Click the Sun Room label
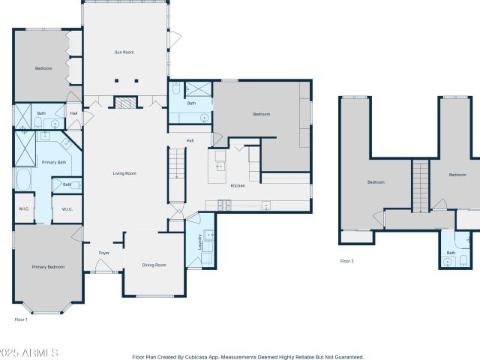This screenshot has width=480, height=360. click(x=124, y=52)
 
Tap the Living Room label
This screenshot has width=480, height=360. click(x=124, y=173)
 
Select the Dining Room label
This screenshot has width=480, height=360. click(x=154, y=265)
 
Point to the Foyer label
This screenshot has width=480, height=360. click(x=104, y=253)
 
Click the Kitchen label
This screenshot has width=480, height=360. click(x=238, y=185)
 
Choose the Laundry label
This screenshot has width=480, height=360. click(x=200, y=242)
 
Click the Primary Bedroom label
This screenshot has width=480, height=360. click(x=48, y=267)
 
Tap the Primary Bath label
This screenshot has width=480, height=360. click(x=54, y=162)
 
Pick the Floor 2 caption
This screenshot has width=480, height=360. click(x=346, y=261)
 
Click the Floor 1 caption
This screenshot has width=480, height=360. click(x=21, y=319)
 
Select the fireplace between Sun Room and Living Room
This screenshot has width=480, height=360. click(x=125, y=102)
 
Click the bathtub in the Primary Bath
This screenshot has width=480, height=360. click(x=23, y=179)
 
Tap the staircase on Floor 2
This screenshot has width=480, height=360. click(x=421, y=186)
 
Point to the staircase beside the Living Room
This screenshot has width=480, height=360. click(x=177, y=175)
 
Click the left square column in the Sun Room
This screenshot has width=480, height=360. click(x=117, y=81)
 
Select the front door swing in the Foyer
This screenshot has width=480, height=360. click(x=103, y=265)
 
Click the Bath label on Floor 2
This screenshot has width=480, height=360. click(x=451, y=253)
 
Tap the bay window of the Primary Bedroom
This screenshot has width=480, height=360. click(x=46, y=308)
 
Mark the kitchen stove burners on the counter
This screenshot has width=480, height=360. click(x=224, y=205)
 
